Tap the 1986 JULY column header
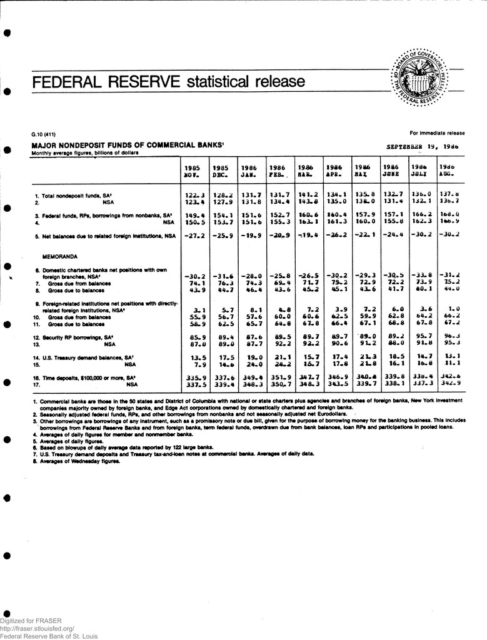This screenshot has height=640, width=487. tap(419, 172)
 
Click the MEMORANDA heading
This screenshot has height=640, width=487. tap(60, 256)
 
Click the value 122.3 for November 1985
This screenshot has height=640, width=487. tap(194, 196)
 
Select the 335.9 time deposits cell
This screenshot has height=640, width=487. tap(194, 378)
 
